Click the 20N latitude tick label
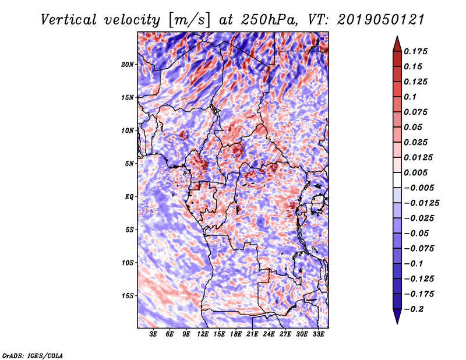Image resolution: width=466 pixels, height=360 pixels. (128, 64)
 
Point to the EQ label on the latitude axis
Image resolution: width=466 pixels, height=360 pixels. (129, 197)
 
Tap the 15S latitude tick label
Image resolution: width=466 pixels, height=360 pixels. (128, 296)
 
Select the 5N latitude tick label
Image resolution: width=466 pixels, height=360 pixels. (129, 164)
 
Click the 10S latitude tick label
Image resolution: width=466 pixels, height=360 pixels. (128, 263)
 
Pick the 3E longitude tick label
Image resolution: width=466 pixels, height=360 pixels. (153, 334)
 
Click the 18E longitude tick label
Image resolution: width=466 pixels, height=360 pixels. (236, 334)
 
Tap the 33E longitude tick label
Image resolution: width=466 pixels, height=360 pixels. (319, 334)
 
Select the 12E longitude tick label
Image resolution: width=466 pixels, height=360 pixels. (203, 334)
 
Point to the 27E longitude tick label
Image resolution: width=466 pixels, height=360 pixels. (285, 334)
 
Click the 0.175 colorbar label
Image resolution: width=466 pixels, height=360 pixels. (417, 51)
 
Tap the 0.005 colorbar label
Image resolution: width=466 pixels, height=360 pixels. (417, 172)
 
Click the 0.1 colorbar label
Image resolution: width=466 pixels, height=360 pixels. (411, 97)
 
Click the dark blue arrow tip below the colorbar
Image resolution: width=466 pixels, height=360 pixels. (396, 319)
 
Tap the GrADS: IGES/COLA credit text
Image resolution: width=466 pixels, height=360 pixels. (32, 355)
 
